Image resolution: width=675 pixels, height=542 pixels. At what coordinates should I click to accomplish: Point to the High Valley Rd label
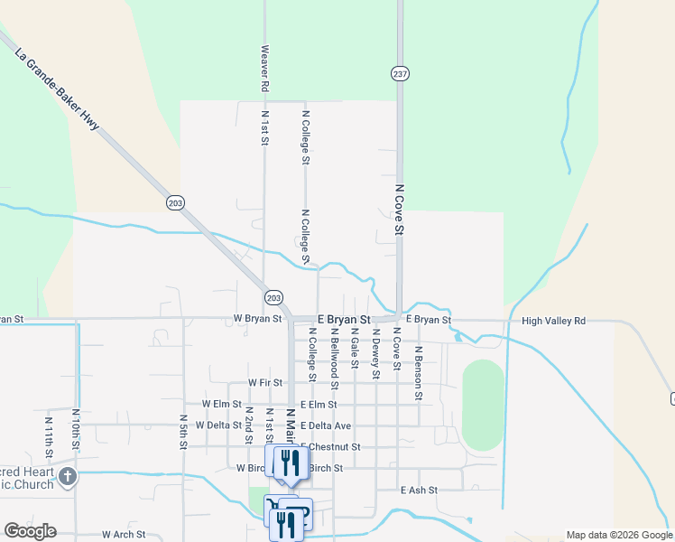[x=553, y=321]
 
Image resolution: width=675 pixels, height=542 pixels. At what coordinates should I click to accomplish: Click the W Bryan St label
[x=258, y=319]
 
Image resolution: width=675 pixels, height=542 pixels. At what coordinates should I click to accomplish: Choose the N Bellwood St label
[x=334, y=353]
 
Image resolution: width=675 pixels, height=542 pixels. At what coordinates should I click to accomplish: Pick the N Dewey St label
[x=375, y=351]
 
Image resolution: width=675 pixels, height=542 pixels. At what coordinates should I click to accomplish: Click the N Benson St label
[x=419, y=371]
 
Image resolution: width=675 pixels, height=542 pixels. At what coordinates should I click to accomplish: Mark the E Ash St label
[x=419, y=490]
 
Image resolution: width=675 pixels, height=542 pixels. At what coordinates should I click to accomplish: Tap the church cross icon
[x=68, y=477]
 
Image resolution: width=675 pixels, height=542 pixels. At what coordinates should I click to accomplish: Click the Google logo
[x=30, y=531]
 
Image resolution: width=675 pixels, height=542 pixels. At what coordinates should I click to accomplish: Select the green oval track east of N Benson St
[x=483, y=405]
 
